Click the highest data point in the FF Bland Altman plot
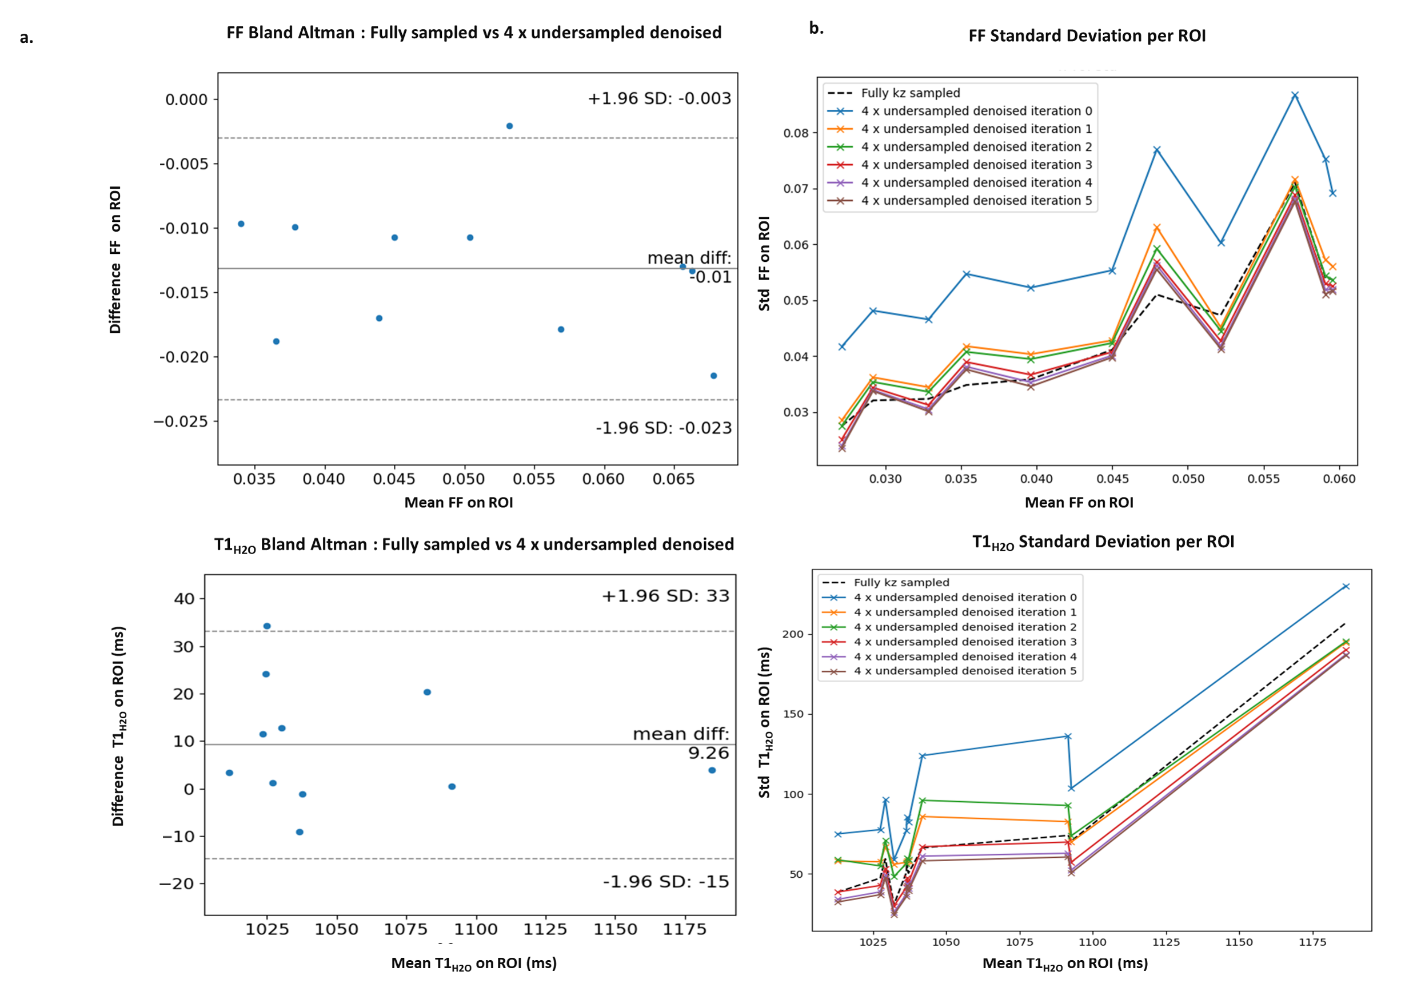(x=509, y=126)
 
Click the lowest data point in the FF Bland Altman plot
(x=713, y=376)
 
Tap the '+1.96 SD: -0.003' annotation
(x=659, y=98)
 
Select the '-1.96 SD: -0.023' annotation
(x=663, y=428)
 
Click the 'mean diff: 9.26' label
(x=680, y=743)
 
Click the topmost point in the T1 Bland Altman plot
(x=267, y=626)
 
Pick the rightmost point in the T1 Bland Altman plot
(x=712, y=770)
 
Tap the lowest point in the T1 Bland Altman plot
(x=300, y=832)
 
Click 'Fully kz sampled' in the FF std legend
(x=910, y=93)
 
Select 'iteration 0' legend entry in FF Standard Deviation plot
(x=976, y=111)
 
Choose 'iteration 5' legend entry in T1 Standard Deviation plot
(x=965, y=671)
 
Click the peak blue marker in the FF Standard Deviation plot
(x=1295, y=95)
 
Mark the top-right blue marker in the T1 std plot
(x=1346, y=586)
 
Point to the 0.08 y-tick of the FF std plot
(x=796, y=133)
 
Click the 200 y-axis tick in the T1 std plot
(x=792, y=634)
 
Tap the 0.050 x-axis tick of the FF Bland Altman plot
(x=464, y=479)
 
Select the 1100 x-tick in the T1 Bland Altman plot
(x=476, y=929)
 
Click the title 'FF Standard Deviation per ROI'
(x=1087, y=35)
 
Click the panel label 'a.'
(x=26, y=38)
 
